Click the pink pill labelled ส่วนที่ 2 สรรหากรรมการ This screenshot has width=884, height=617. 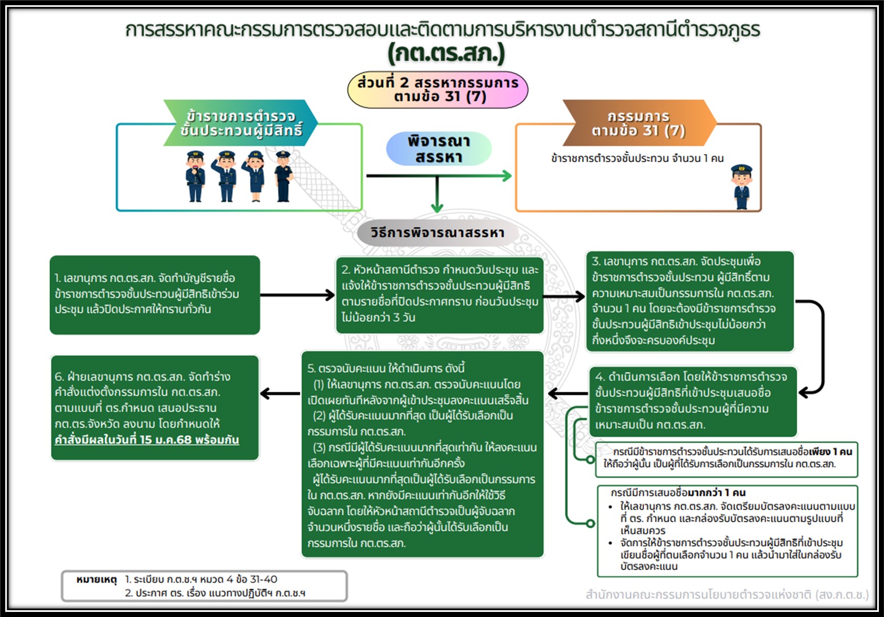(x=438, y=89)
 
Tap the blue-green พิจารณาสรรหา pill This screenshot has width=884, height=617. (x=439, y=149)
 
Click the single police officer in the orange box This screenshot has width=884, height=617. (x=741, y=187)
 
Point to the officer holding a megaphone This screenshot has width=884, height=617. (x=195, y=176)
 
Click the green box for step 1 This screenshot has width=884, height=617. (x=155, y=294)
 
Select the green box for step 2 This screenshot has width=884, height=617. (x=439, y=294)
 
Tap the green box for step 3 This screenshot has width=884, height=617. (x=689, y=301)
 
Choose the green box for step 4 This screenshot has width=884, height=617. (x=693, y=401)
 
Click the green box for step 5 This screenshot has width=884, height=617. (x=422, y=455)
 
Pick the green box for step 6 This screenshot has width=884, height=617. (x=155, y=408)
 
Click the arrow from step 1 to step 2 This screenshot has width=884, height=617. (x=298, y=295)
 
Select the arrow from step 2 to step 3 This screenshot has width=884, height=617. (x=564, y=295)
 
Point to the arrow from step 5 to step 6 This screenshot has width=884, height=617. (x=280, y=393)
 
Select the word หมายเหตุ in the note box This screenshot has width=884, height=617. (x=96, y=579)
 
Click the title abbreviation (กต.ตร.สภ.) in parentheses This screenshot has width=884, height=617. (x=446, y=54)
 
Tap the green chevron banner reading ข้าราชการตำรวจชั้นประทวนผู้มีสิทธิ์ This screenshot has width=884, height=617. (x=241, y=123)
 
